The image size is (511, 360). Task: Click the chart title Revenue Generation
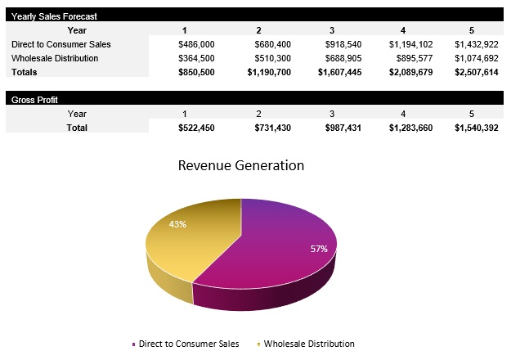pyautogui.click(x=241, y=165)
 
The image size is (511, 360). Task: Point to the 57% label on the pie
pyautogui.click(x=318, y=249)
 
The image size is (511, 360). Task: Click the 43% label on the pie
pyautogui.click(x=177, y=224)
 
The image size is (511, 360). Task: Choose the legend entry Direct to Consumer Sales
pyautogui.click(x=188, y=344)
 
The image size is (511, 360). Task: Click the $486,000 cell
pyautogui.click(x=196, y=44)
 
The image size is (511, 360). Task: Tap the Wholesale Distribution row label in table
pyautogui.click(x=55, y=58)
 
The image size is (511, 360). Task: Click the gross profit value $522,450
pyautogui.click(x=196, y=128)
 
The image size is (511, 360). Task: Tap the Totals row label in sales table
pyautogui.click(x=25, y=72)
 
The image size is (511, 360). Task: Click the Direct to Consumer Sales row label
pyautogui.click(x=61, y=44)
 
